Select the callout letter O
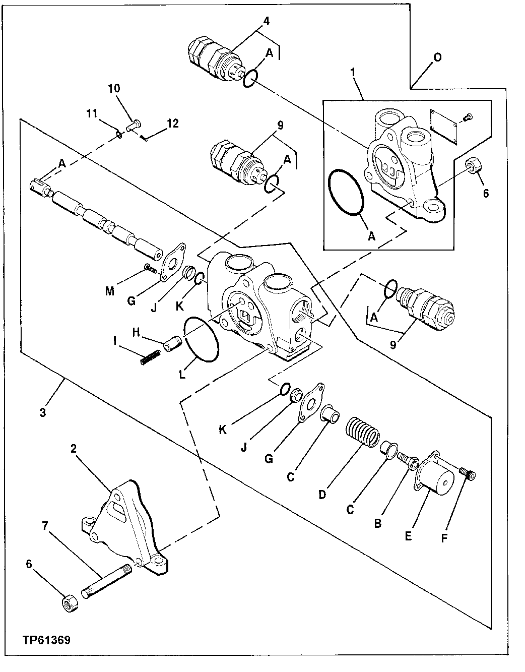click(437, 57)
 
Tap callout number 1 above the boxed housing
click(354, 73)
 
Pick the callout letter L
click(182, 375)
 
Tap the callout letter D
click(322, 495)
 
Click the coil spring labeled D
click(362, 432)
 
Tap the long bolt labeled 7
click(107, 580)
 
